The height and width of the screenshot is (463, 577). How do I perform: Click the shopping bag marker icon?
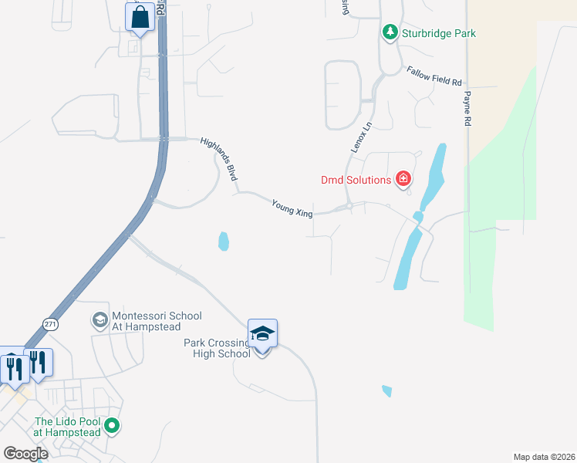140,17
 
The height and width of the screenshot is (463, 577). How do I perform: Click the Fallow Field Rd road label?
434,76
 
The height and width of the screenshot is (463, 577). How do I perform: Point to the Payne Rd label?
467,108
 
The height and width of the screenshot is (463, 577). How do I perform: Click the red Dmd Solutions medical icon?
403,180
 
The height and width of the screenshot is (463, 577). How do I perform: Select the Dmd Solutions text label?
356,181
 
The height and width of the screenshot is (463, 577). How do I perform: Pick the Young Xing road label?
292,208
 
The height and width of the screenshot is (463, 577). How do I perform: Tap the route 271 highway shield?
51,324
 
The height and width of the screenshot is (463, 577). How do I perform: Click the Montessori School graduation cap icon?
100,319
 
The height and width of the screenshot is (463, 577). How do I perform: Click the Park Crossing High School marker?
262,334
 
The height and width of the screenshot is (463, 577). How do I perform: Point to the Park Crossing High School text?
218,348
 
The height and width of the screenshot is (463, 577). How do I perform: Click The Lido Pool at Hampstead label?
68,427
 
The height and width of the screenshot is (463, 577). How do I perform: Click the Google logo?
25,454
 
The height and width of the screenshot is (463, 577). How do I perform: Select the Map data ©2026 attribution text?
544,457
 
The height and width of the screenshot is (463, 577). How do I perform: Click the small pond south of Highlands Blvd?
224,242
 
